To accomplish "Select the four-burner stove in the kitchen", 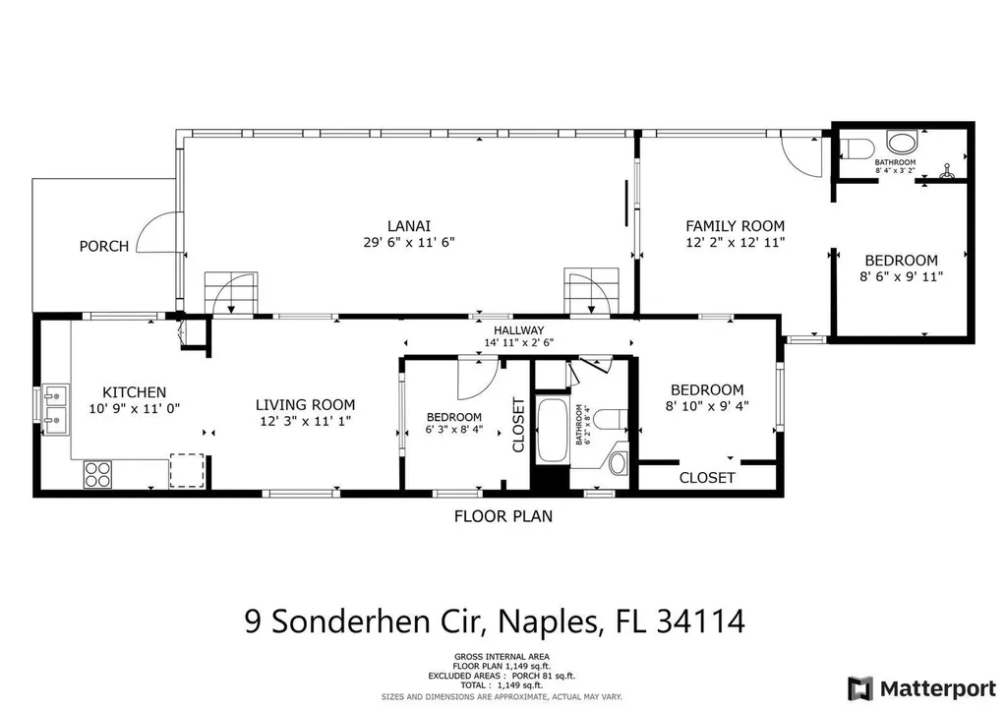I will [97, 474].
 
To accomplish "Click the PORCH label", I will [104, 246].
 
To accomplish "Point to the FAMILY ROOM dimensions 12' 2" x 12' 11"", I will [735, 241].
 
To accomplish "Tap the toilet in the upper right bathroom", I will [859, 148].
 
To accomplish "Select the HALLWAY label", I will [519, 330].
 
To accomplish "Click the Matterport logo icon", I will [860, 687].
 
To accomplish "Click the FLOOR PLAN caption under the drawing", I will [503, 515].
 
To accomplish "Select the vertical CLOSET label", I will [518, 425].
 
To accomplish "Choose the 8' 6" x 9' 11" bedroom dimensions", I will [901, 276].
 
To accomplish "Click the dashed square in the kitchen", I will [186, 470].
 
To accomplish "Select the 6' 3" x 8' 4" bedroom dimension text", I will [453, 430].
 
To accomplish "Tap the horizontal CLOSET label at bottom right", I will [707, 478].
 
